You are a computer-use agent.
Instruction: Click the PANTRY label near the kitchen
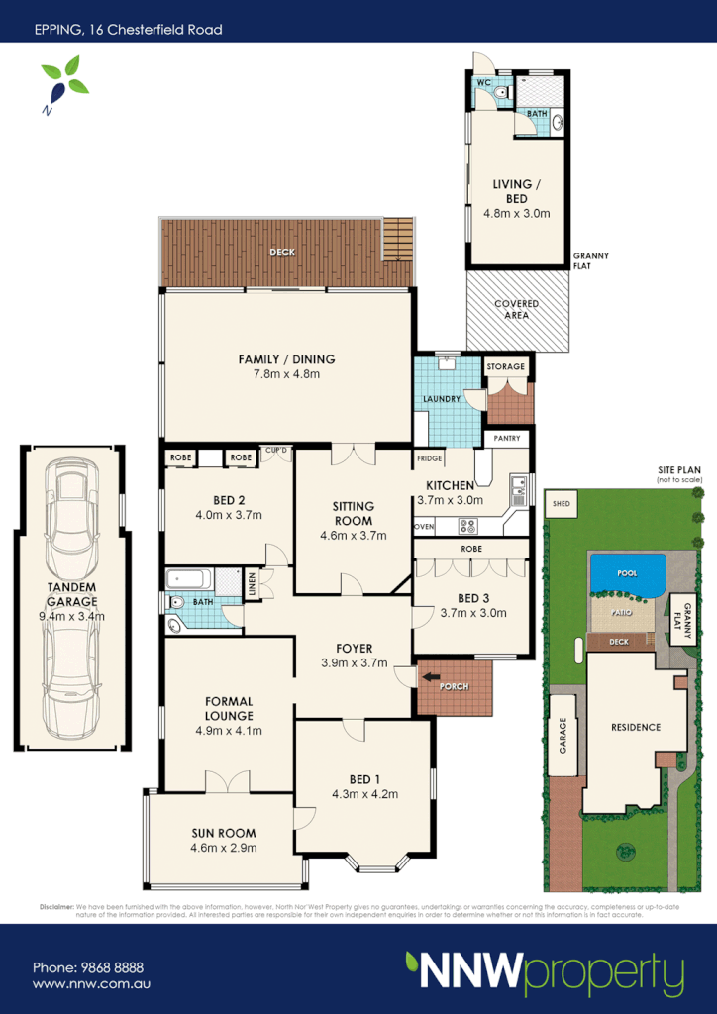tap(507, 438)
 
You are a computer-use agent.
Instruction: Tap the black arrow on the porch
tap(432, 677)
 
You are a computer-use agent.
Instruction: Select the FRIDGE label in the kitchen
tap(428, 459)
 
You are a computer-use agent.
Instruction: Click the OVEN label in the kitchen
tap(424, 527)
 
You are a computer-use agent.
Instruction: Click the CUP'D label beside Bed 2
tap(275, 452)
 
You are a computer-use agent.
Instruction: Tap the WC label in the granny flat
tap(484, 83)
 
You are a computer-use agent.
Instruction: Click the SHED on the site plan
tap(563, 503)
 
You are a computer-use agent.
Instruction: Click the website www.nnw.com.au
tap(91, 985)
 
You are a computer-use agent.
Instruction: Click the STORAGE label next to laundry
tap(505, 367)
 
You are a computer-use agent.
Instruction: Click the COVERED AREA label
tap(516, 309)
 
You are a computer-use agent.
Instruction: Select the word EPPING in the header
tap(56, 30)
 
